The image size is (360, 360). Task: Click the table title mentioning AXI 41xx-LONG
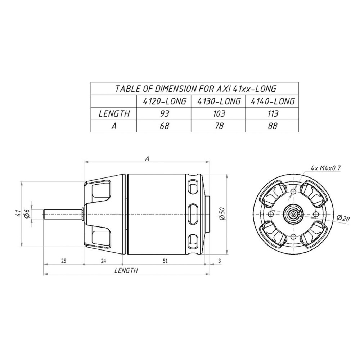[x=195, y=89]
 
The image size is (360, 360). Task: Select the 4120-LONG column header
[x=164, y=101]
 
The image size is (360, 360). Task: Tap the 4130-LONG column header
[x=219, y=101]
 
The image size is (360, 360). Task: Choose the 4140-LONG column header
[x=273, y=101]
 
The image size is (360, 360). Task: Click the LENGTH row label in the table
[x=114, y=114]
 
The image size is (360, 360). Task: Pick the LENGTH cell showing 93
[x=165, y=114]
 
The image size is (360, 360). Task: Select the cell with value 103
[x=219, y=114]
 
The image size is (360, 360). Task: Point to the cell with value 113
[x=273, y=114]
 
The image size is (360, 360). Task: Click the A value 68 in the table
[x=165, y=126]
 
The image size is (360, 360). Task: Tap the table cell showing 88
[x=273, y=126]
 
